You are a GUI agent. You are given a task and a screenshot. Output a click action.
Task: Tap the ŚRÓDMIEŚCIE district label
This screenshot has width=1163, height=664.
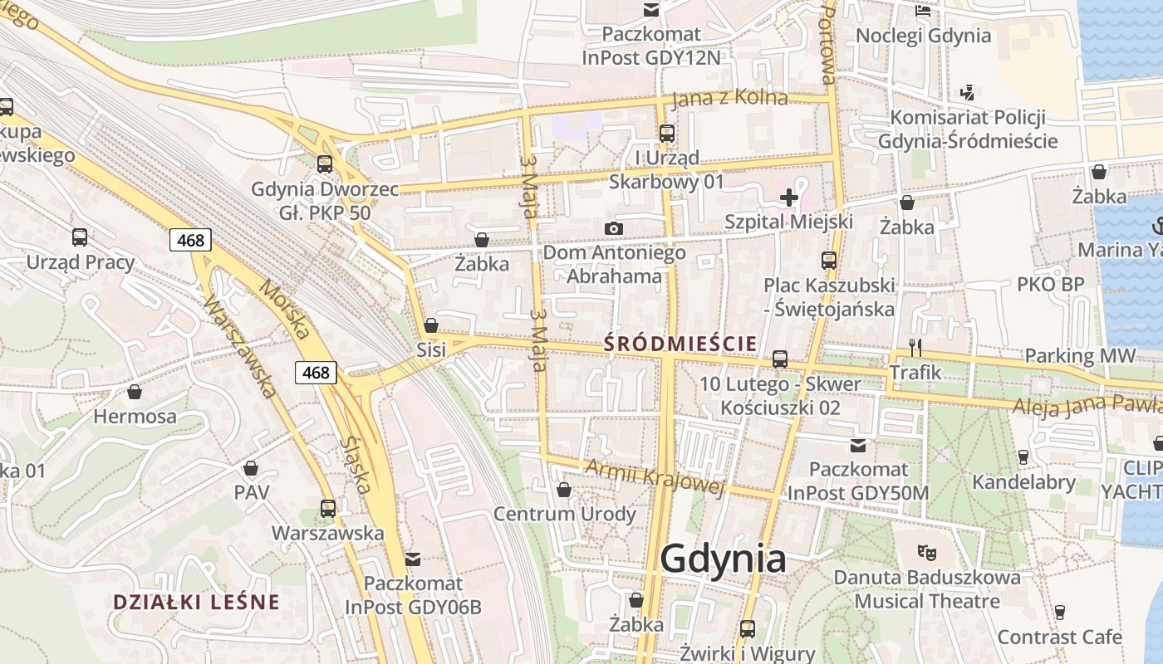tap(680, 343)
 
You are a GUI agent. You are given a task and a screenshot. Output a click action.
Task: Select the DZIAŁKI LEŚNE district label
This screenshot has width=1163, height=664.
tap(196, 602)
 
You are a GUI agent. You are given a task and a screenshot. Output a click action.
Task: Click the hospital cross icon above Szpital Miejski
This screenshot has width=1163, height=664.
tap(788, 198)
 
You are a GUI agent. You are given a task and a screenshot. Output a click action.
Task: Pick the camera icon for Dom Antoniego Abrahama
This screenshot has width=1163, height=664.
tap(614, 228)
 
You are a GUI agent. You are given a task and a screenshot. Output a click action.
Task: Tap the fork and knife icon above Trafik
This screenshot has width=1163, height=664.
tap(915, 347)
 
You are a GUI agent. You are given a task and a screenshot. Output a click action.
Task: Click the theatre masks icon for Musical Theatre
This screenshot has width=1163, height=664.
tap(927, 551)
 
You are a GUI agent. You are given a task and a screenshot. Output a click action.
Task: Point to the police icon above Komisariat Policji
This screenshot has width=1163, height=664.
tap(967, 92)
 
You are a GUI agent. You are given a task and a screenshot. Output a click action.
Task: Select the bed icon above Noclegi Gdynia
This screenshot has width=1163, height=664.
tap(923, 11)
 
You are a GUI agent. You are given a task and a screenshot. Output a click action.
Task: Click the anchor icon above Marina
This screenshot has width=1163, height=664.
tap(1157, 225)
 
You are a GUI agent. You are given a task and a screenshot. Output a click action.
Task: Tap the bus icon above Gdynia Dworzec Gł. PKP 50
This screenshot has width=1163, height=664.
tap(325, 164)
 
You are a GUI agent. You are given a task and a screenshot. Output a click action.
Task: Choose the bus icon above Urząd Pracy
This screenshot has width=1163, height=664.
tap(80, 237)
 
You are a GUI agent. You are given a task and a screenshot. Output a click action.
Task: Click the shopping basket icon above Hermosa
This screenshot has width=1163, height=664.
tap(135, 392)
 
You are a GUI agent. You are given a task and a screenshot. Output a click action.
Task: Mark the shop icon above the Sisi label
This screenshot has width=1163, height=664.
tap(431, 325)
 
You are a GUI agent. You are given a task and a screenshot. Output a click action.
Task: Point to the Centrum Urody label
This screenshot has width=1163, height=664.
tap(564, 514)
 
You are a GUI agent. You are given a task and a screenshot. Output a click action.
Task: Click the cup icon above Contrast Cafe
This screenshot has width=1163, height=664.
tap(1060, 613)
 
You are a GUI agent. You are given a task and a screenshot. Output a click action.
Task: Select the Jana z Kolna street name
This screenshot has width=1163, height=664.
tap(729, 98)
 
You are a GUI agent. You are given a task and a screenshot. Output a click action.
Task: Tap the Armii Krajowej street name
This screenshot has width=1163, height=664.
tap(655, 476)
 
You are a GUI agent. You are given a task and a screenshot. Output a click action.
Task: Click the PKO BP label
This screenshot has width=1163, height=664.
tap(1050, 284)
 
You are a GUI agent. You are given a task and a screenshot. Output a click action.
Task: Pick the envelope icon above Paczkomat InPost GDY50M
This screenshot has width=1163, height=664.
tap(858, 446)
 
